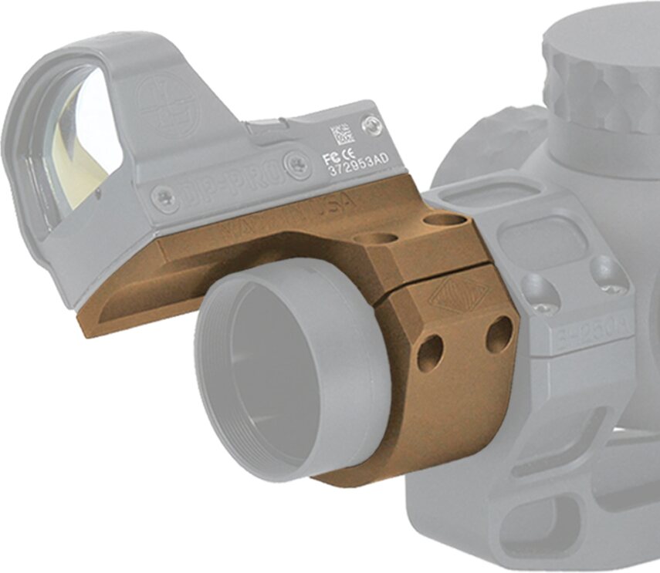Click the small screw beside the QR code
point(374,124)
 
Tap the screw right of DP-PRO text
point(296,164)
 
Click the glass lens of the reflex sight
point(80,139)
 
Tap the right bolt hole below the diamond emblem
point(499,335)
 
